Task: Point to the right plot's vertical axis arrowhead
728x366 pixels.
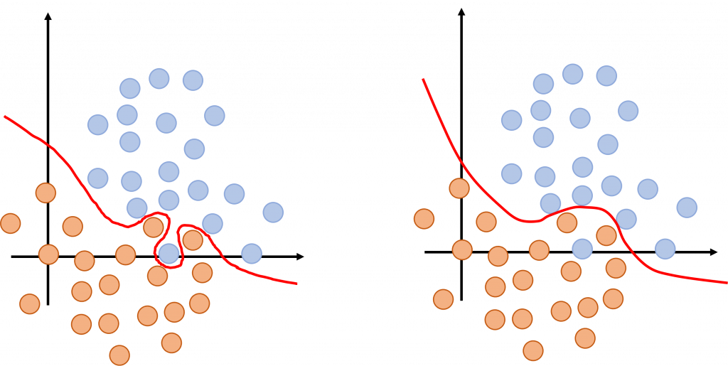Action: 462,13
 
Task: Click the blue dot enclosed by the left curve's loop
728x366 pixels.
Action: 168,253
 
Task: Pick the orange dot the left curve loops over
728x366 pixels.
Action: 193,240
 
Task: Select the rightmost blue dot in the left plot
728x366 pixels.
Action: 273,212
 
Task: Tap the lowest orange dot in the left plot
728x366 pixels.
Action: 119,355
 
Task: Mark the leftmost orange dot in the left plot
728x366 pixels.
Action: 10,223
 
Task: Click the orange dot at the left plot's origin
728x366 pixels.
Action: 48,254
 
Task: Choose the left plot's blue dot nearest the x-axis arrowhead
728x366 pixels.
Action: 251,253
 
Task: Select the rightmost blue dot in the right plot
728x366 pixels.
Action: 687,208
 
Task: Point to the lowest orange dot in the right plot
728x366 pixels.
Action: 533,350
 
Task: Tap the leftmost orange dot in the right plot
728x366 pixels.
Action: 424,218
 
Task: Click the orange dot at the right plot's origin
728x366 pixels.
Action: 462,249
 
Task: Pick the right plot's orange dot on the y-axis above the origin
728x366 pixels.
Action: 459,188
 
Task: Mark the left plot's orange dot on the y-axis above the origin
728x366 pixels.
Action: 45,192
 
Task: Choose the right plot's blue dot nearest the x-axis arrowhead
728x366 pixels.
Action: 665,249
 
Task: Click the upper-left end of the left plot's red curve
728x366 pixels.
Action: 5,116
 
